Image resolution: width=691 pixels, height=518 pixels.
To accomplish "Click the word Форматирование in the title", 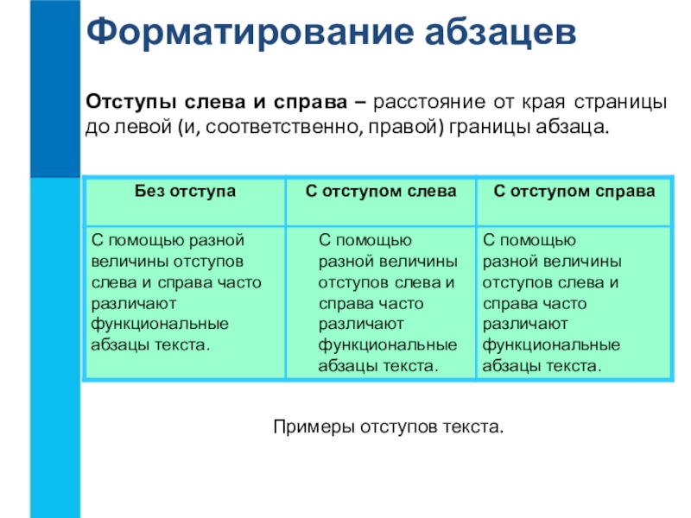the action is point(250,33).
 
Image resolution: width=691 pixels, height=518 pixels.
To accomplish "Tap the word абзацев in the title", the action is point(500,32).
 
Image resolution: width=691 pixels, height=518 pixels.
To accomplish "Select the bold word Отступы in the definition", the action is point(131,103).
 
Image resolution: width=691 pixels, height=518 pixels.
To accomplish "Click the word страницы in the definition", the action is point(620,103).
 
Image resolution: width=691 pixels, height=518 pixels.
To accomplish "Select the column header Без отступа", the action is point(185,192).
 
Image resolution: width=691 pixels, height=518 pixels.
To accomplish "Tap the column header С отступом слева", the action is point(381,192).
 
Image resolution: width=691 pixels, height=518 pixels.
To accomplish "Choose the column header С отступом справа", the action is point(574,192).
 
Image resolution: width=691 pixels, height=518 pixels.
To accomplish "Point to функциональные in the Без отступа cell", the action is point(160,325).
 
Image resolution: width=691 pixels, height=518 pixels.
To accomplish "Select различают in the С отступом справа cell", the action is point(525,325).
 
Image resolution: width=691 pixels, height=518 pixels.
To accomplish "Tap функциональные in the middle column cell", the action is point(387,345).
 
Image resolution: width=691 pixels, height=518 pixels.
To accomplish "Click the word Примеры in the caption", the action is point(314,426).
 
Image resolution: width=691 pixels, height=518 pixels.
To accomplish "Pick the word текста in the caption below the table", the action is point(472,427).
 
